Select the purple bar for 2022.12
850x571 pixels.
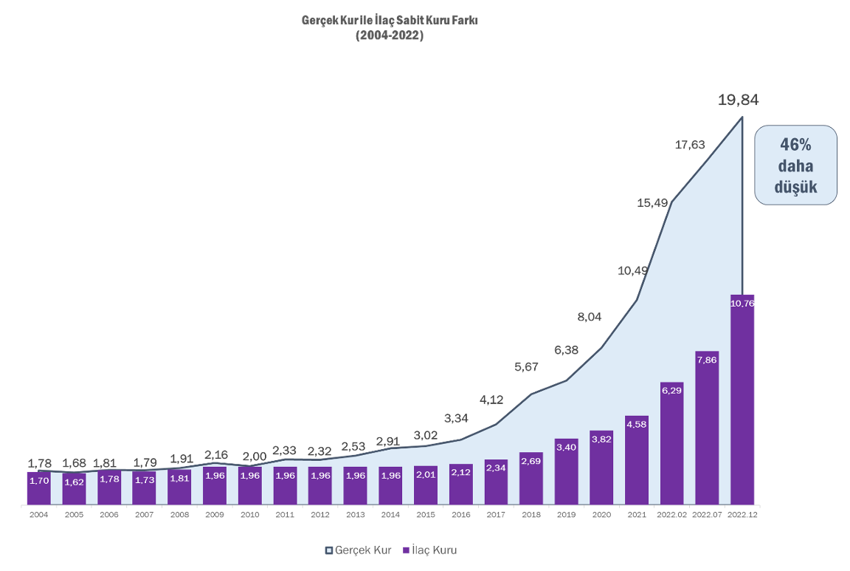coord(742,399)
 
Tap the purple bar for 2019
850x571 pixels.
coord(566,471)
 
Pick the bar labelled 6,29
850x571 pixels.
coord(671,443)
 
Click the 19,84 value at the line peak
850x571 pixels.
coord(738,100)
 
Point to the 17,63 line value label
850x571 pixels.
coord(690,145)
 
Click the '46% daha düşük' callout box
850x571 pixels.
coord(795,165)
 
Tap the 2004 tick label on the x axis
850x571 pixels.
coord(38,515)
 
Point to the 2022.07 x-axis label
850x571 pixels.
coord(706,515)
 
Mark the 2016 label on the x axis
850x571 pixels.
coord(460,515)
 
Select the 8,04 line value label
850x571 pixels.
coord(590,317)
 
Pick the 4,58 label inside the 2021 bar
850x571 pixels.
coord(636,424)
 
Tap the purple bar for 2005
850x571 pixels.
coord(74,489)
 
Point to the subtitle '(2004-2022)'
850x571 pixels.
coord(390,35)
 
